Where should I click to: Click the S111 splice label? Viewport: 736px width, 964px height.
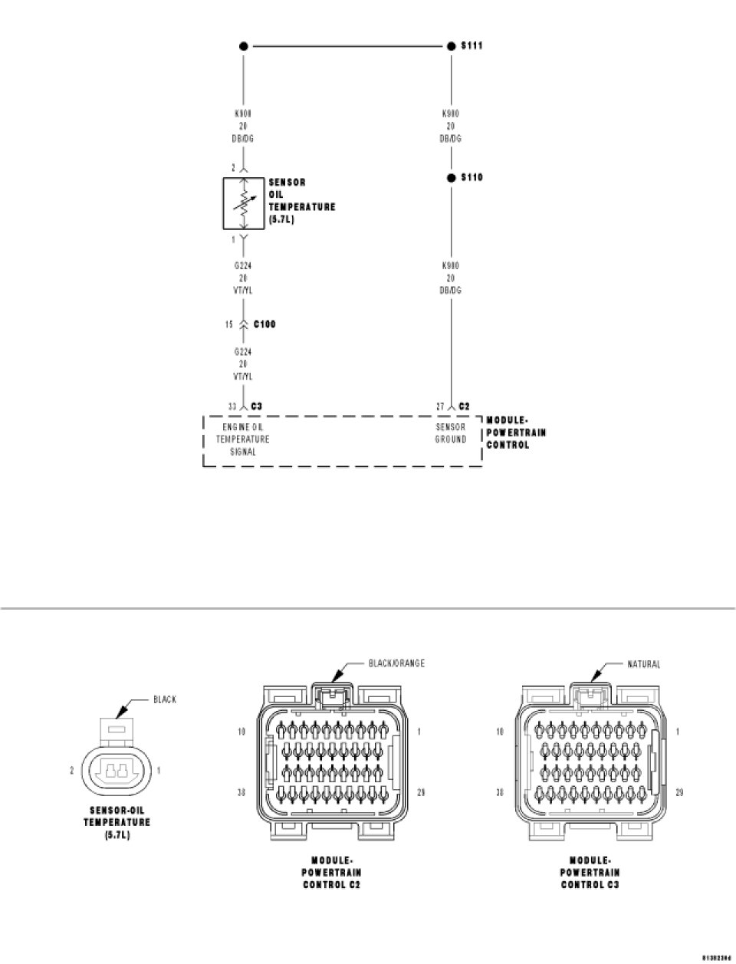472,46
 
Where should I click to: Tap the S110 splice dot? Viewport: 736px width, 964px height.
452,178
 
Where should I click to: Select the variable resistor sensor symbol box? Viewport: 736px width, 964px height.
244,203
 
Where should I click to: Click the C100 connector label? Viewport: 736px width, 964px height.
264,324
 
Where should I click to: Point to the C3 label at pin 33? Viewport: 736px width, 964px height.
257,406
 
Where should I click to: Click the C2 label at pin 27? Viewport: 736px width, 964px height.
464,406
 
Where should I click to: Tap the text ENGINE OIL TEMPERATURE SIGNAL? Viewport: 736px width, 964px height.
242,439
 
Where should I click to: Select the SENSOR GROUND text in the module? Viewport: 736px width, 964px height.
451,433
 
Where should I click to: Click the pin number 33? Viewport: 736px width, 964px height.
232,406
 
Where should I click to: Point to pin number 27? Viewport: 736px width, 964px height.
439,406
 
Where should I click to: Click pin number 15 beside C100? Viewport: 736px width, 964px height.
228,324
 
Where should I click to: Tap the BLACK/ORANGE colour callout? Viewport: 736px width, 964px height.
396,663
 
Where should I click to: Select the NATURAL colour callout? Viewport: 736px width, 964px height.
643,664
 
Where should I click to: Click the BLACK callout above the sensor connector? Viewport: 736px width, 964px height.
165,699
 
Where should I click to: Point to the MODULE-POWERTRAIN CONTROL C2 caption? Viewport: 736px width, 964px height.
332,872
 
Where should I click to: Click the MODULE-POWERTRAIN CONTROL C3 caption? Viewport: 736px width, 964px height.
590,872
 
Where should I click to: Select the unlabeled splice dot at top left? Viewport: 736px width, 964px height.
244,46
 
